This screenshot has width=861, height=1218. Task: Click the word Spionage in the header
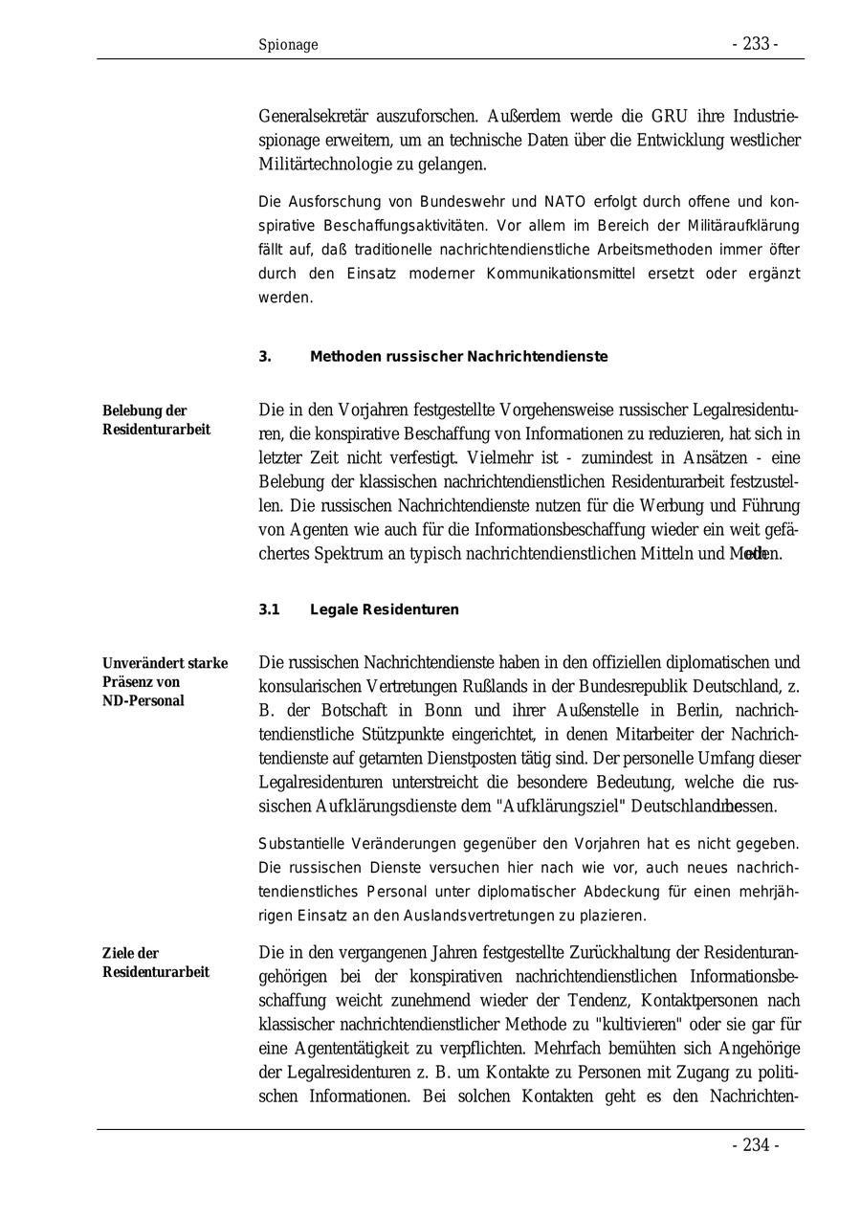coord(288,45)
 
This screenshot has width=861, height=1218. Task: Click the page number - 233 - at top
coord(755,44)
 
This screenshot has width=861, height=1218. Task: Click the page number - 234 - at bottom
coord(755,1145)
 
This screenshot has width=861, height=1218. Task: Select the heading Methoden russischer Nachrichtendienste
coord(458,357)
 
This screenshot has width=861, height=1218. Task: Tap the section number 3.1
coord(269,609)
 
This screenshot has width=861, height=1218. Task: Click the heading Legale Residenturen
coord(384,609)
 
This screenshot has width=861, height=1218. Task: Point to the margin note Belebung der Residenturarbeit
coord(156,420)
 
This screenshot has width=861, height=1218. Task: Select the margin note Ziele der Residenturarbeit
coord(155,963)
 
